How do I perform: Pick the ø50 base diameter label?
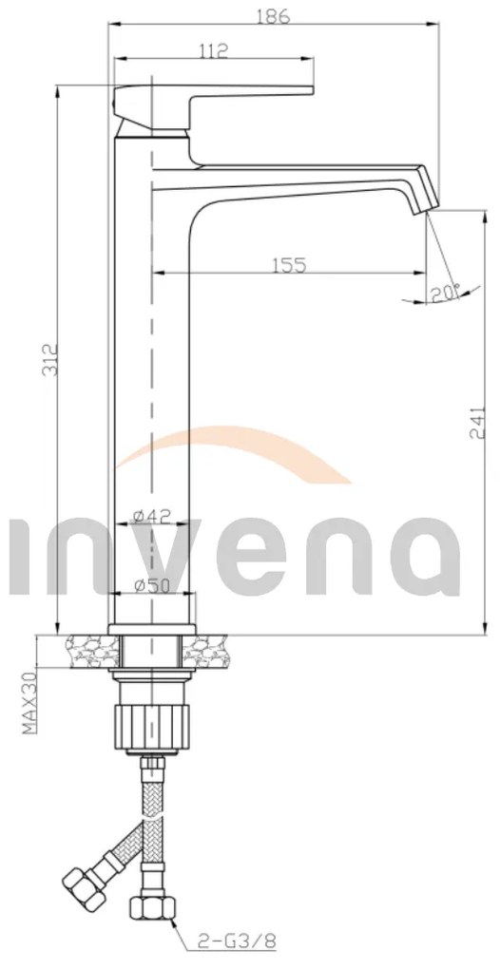(x=152, y=586)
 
